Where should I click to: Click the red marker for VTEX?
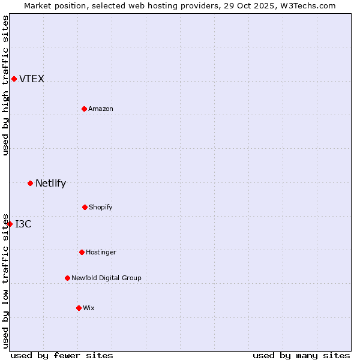pyautogui.click(x=14, y=79)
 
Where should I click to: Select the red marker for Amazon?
pyautogui.click(x=84, y=109)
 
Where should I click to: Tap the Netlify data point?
pyautogui.click(x=30, y=183)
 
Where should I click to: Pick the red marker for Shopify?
pyautogui.click(x=85, y=207)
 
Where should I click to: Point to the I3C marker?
pyautogui.click(x=10, y=224)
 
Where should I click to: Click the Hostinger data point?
pyautogui.click(x=82, y=252)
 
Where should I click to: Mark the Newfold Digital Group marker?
pyautogui.click(x=67, y=278)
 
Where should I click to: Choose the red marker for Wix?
pyautogui.click(x=79, y=308)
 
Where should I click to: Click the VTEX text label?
pyautogui.click(x=32, y=79)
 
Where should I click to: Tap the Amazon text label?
pyautogui.click(x=101, y=109)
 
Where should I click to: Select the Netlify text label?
pyautogui.click(x=50, y=183)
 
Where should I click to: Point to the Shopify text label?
pyautogui.click(x=101, y=207)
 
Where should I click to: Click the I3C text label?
pyautogui.click(x=23, y=224)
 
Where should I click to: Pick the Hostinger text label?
pyautogui.click(x=101, y=252)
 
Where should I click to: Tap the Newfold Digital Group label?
pyautogui.click(x=106, y=278)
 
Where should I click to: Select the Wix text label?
pyautogui.click(x=89, y=308)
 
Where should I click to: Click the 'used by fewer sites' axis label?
pyautogui.click(x=62, y=355)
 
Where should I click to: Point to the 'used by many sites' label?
pyautogui.click(x=301, y=355)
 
